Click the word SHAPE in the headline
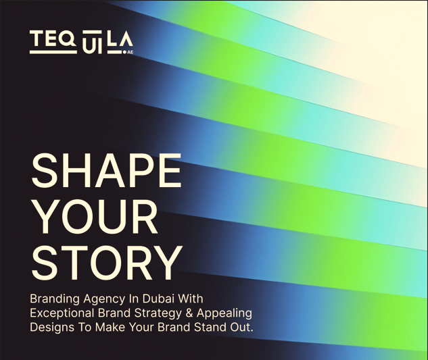[x=106, y=172]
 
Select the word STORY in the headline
[x=107, y=262]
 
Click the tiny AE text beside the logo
[x=130, y=50]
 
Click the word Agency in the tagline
[x=105, y=299]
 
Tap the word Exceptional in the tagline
[x=64, y=313]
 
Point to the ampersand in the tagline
[x=192, y=313]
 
